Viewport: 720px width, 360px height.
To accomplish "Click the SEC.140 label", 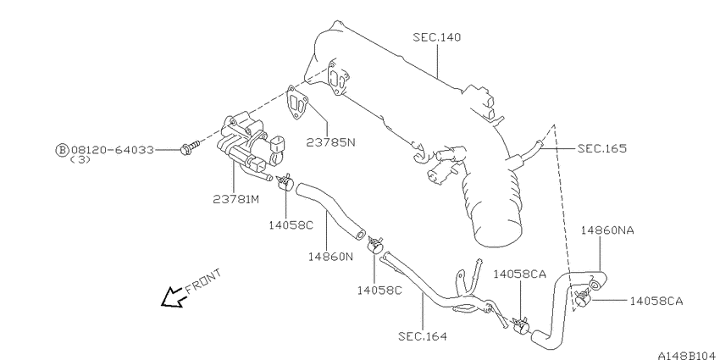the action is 436,37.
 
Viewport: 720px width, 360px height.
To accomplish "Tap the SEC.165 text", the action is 602,148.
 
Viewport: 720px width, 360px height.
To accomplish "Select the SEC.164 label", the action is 423,336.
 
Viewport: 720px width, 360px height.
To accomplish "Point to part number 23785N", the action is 330,142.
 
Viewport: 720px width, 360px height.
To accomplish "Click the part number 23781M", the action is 236,199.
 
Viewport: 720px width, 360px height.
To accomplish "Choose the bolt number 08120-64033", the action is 112,150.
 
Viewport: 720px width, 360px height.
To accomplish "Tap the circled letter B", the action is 62,150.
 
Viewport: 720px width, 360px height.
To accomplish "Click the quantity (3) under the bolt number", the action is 80,160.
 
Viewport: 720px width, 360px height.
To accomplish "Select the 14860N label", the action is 330,256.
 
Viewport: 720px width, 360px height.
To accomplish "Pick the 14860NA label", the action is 607,230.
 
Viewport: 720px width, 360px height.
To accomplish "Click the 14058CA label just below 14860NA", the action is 656,302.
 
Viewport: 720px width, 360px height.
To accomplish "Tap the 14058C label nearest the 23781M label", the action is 291,225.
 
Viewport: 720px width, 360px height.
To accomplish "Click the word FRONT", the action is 203,281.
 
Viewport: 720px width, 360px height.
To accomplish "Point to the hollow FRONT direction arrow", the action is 173,297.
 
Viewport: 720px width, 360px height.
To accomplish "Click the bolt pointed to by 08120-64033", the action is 190,147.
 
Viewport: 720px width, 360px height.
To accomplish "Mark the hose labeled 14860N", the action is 330,210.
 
